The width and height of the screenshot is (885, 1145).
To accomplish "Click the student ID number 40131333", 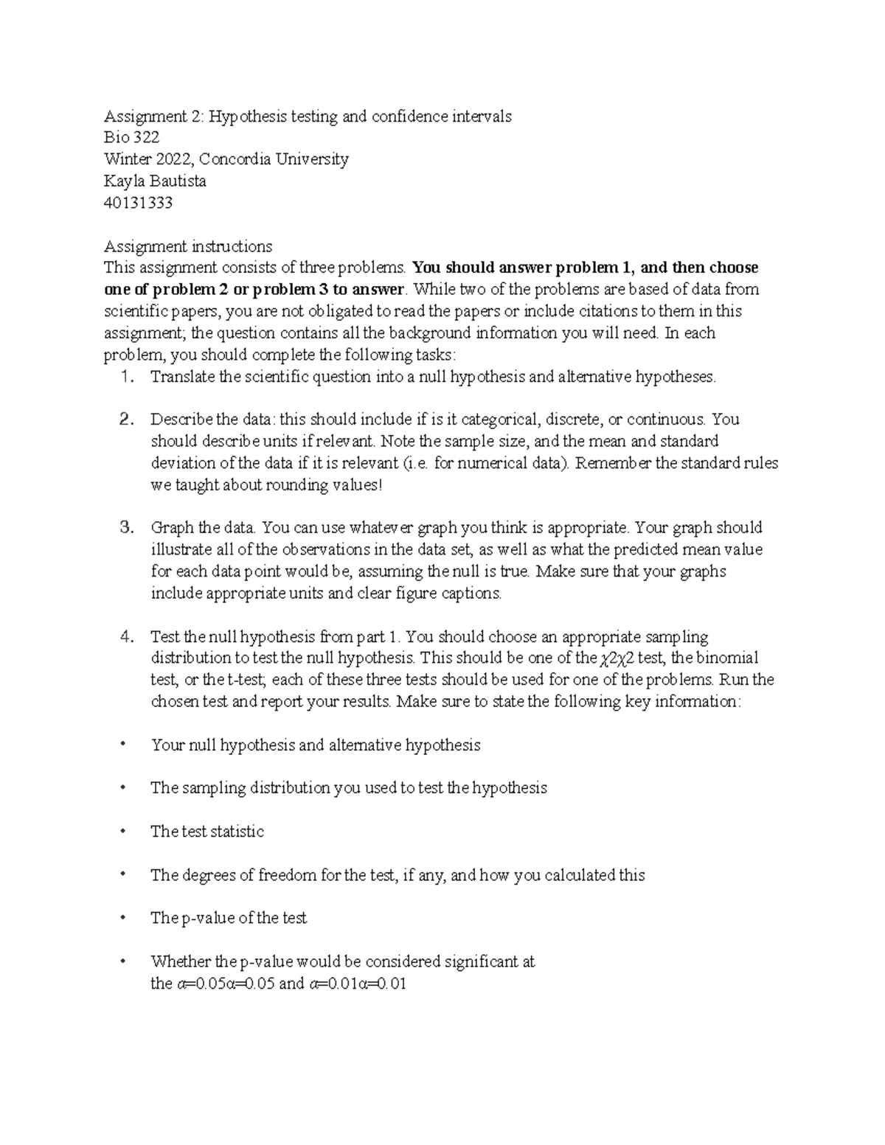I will click(x=138, y=203).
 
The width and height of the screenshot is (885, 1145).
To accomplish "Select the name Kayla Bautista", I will click(x=155, y=181).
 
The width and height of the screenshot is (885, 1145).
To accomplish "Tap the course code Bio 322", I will click(x=131, y=137).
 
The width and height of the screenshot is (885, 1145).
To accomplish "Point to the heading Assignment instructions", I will click(x=188, y=246).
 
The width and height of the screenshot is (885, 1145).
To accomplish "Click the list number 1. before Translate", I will click(x=127, y=377).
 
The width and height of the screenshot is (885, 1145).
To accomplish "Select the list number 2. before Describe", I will click(x=126, y=420).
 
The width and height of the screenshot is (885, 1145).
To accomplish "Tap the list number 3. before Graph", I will click(x=126, y=528).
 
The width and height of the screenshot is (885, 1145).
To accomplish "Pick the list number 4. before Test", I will click(x=126, y=636).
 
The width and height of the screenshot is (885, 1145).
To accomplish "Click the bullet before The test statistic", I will click(x=123, y=830).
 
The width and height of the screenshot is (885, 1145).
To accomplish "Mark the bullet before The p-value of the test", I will click(x=123, y=917).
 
